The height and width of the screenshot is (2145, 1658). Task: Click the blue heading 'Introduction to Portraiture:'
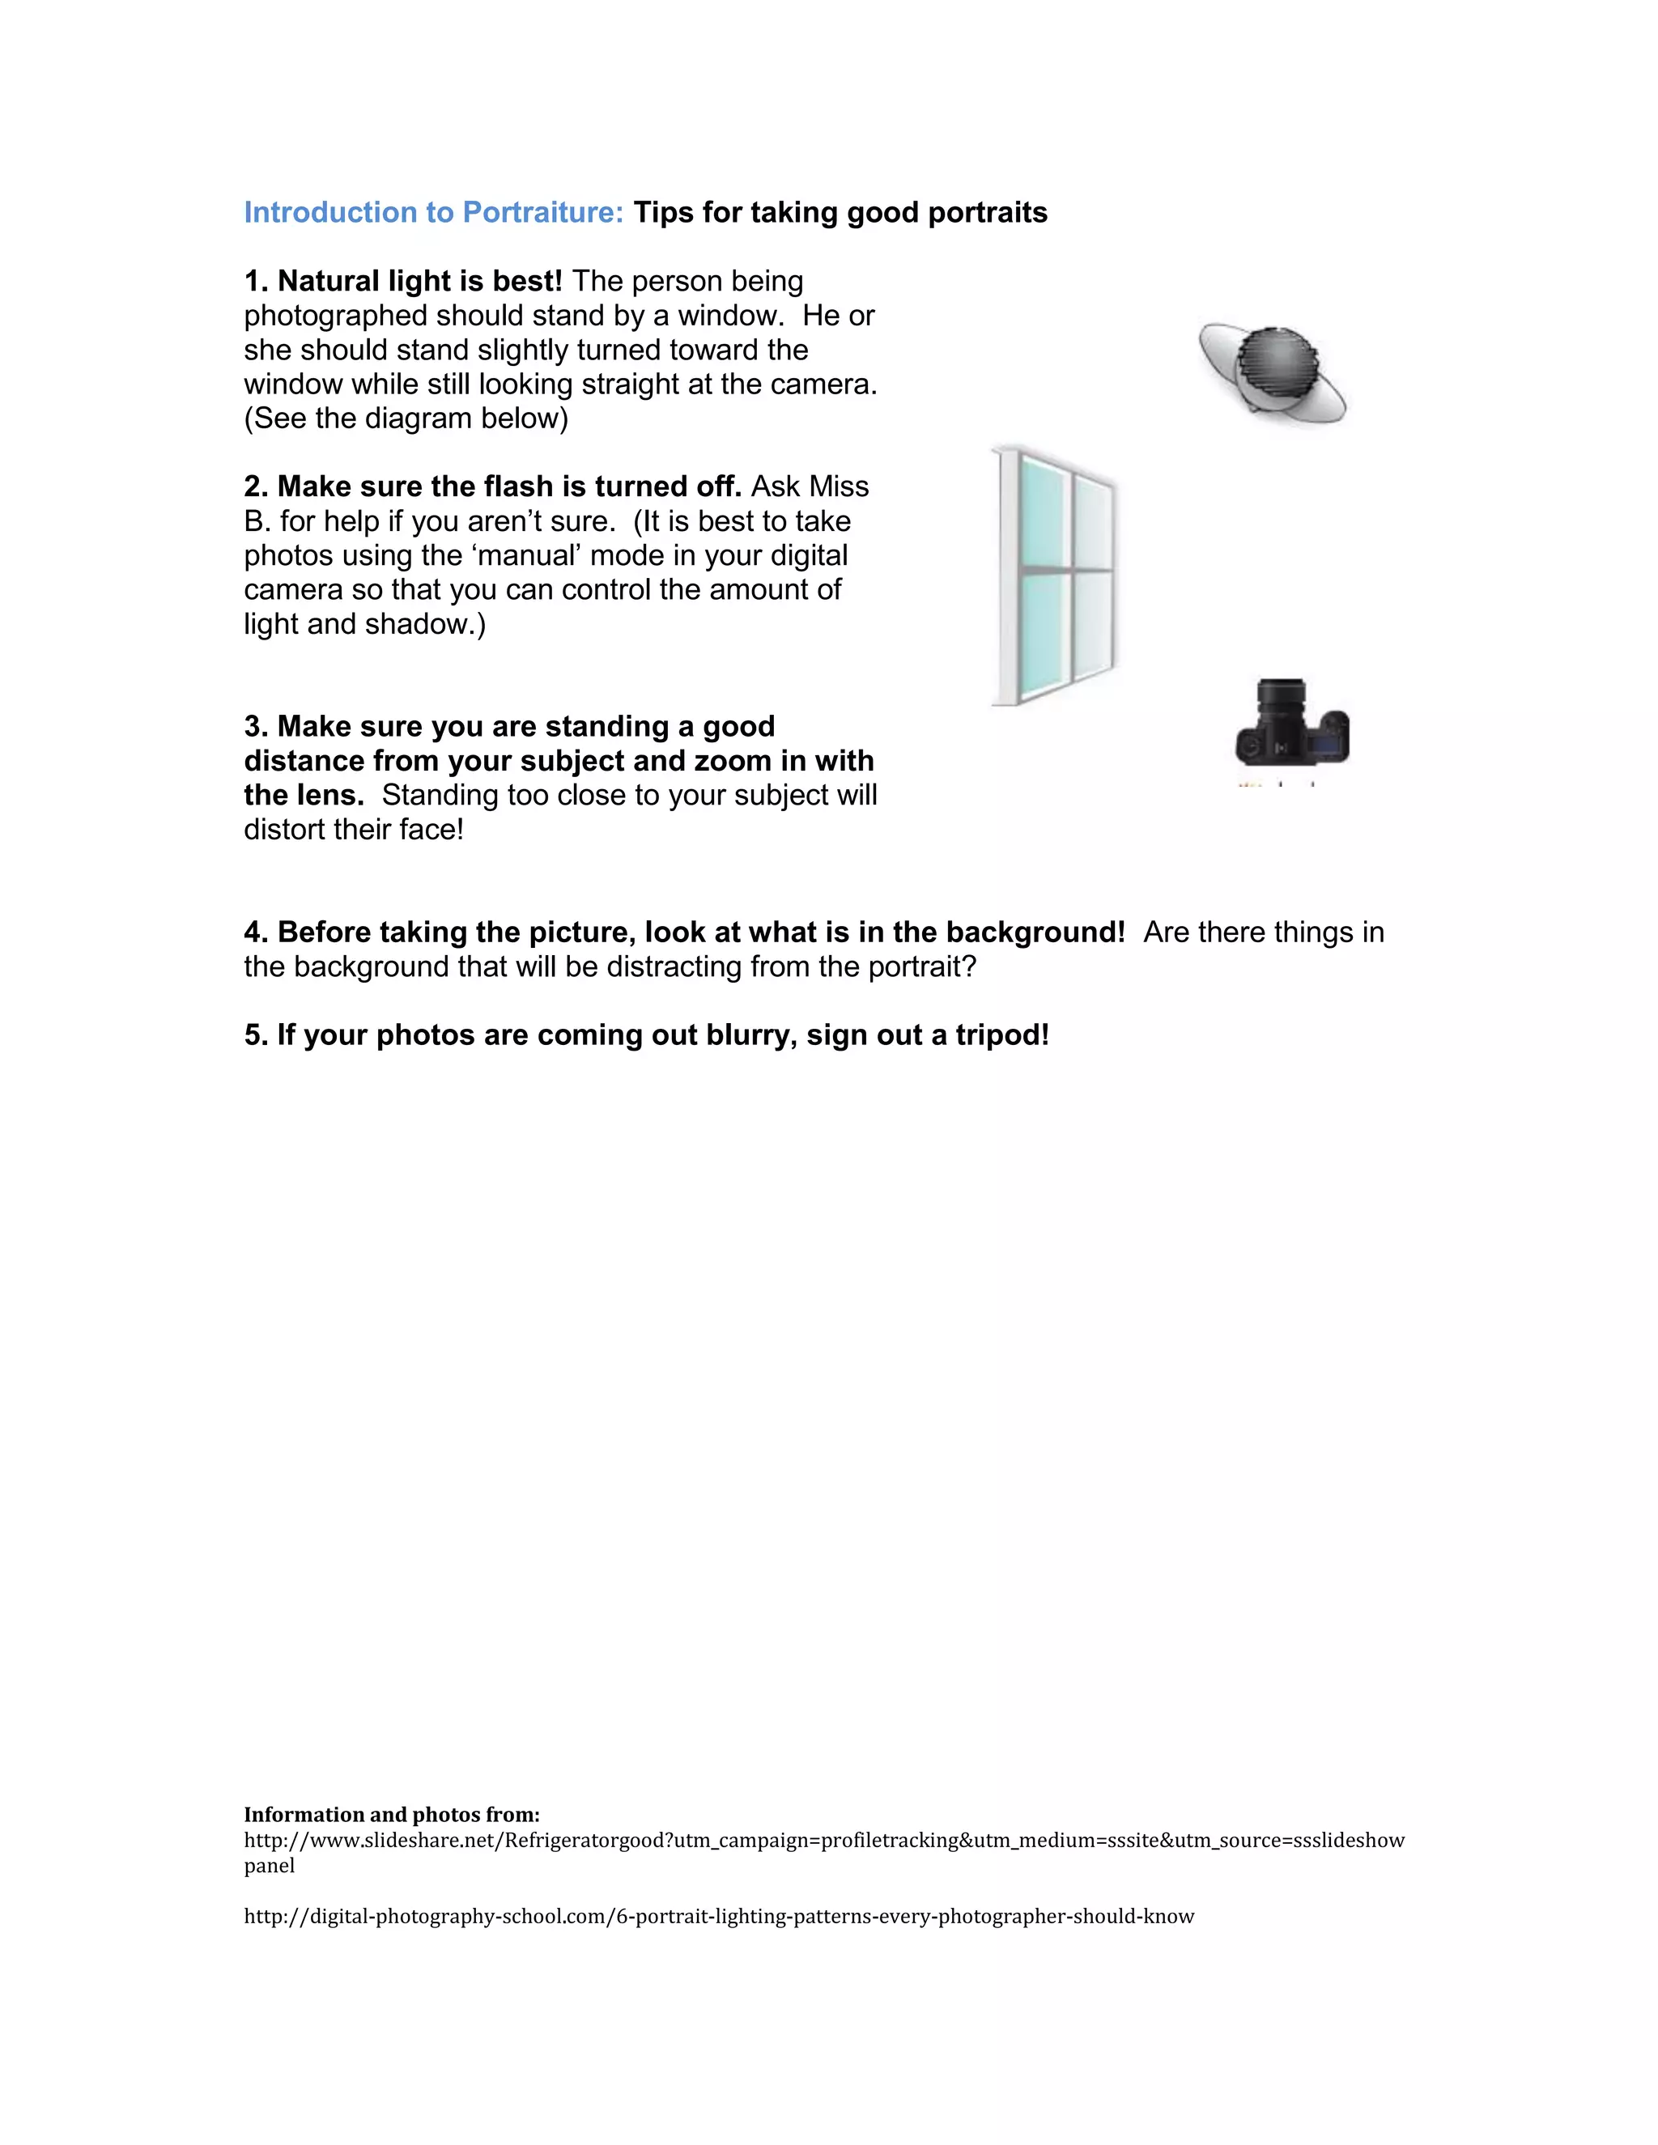pyautogui.click(x=433, y=213)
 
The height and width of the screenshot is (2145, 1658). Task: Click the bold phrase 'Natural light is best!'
pyautogui.click(x=419, y=282)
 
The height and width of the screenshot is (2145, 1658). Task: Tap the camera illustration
pyautogui.click(x=1290, y=727)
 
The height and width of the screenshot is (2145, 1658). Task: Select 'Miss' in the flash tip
pyautogui.click(x=840, y=487)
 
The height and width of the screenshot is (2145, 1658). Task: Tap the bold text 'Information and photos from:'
pyautogui.click(x=392, y=1814)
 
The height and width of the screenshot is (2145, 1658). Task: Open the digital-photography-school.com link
pyautogui.click(x=718, y=1916)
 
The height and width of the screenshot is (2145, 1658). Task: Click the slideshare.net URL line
pyautogui.click(x=823, y=1840)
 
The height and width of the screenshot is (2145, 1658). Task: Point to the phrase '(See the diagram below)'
pyautogui.click(x=406, y=418)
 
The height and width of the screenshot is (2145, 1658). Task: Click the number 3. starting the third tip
pyautogui.click(x=257, y=727)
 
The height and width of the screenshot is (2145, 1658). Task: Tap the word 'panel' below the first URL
pyautogui.click(x=269, y=1865)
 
